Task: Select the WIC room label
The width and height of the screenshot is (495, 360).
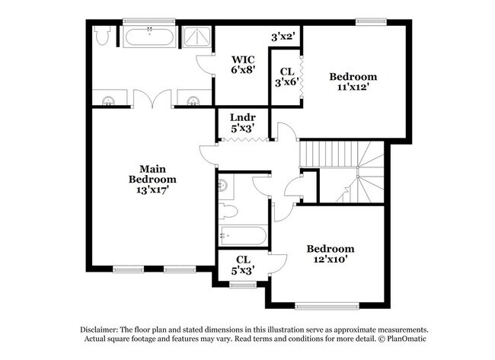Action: (x=243, y=59)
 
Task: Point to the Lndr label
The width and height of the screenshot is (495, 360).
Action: (x=242, y=118)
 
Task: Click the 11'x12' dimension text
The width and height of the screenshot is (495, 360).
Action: (x=353, y=87)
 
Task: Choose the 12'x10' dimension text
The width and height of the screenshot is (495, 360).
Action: (x=330, y=260)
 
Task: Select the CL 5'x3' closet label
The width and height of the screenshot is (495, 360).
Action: (x=243, y=264)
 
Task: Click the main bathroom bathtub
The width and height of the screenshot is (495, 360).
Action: (x=149, y=37)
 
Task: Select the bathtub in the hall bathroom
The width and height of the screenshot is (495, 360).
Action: (x=242, y=236)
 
